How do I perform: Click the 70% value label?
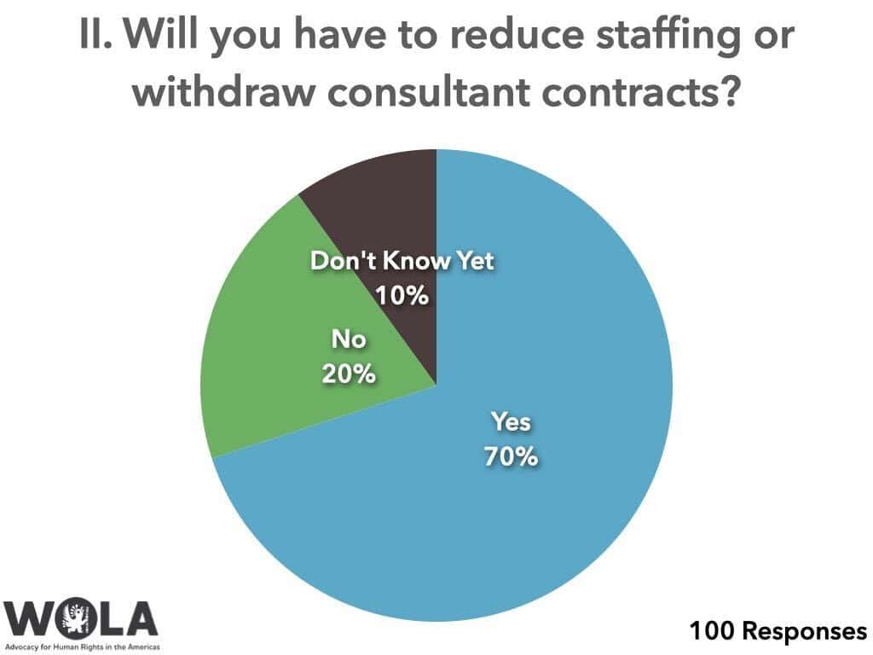512,456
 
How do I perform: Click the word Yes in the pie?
512,421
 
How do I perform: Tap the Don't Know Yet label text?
402,261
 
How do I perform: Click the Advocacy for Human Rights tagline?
81,646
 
